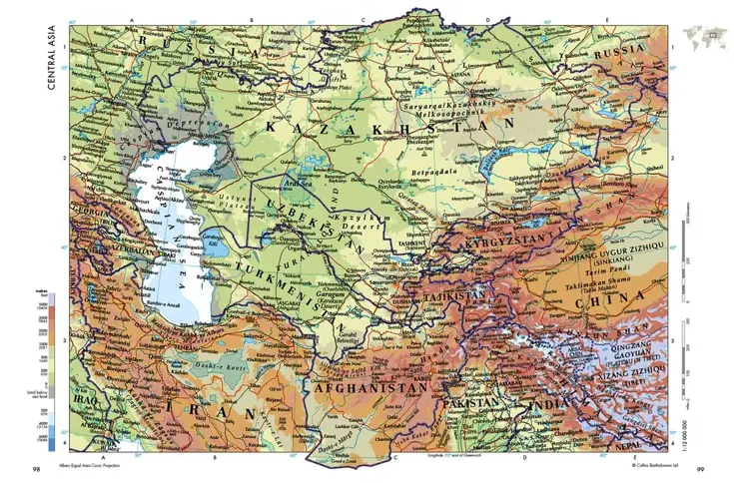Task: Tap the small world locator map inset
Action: coord(703,39)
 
